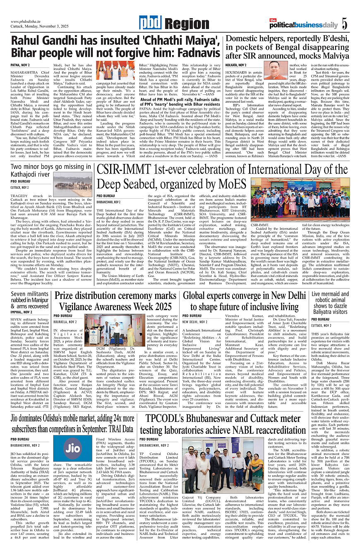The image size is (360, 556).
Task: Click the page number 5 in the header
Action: point(344,24)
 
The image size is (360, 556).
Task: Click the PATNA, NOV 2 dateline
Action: point(20,65)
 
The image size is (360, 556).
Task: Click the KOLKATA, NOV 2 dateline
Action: point(237,65)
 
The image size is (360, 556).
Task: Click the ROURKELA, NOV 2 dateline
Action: point(65,322)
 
